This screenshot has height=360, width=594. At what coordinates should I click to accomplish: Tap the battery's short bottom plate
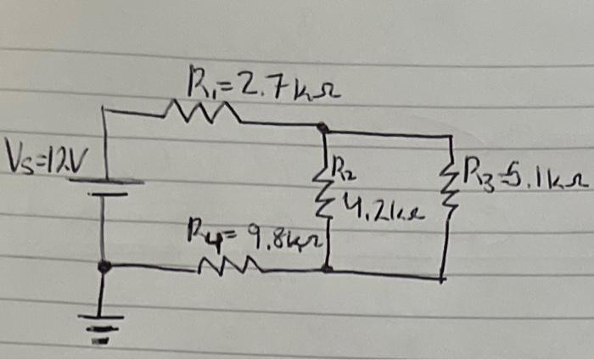(104, 194)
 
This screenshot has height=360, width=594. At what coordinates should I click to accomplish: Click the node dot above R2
(323, 128)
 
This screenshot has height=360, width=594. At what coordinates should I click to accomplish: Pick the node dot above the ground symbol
(104, 267)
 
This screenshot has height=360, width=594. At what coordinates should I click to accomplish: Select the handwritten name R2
(345, 166)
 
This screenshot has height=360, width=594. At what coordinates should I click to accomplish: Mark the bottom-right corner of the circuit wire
(443, 277)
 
